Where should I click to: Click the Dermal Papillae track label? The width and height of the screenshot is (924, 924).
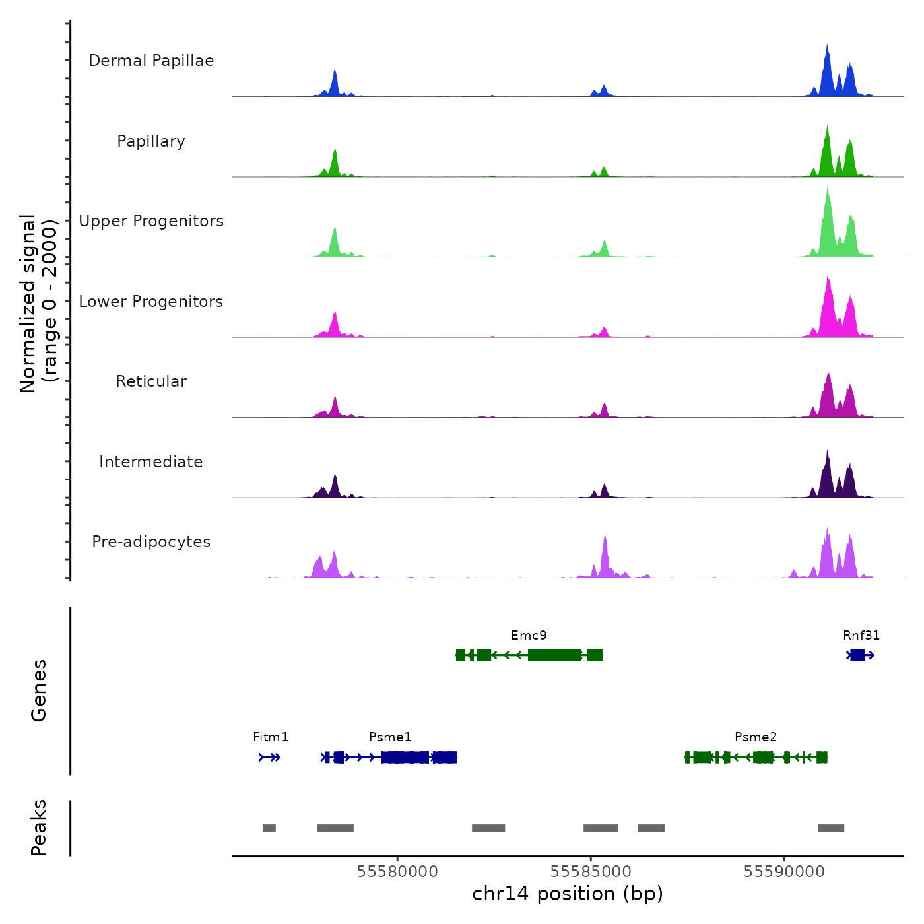pos(151,61)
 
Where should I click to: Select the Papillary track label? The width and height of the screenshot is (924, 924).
pos(151,141)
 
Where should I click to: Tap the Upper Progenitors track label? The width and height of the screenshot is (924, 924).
pos(151,221)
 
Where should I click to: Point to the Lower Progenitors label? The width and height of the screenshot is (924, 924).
pos(151,302)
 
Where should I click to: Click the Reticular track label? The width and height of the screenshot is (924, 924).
pos(151,381)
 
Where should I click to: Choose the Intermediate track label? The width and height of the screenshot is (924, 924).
pos(151,462)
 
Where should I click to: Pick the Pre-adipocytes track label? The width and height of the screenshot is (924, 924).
pos(151,542)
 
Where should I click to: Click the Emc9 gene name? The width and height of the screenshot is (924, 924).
pos(529,636)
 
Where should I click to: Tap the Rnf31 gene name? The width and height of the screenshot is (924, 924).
pos(861,636)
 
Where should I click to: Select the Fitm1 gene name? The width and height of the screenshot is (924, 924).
pos(271,737)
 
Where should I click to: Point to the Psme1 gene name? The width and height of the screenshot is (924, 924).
pos(390,737)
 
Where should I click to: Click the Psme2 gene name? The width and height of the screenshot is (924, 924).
pos(756,737)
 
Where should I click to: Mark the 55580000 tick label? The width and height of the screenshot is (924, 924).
pos(397,872)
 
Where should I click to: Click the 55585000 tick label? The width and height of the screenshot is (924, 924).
pos(591,872)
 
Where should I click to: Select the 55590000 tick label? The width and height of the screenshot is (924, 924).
pos(784,872)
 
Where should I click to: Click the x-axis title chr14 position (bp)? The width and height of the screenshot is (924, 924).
pos(568,894)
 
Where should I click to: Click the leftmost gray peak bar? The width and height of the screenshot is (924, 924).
pos(269,828)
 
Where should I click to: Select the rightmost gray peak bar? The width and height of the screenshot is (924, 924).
pos(831,828)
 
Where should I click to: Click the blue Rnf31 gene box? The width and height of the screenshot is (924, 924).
pos(857,655)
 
